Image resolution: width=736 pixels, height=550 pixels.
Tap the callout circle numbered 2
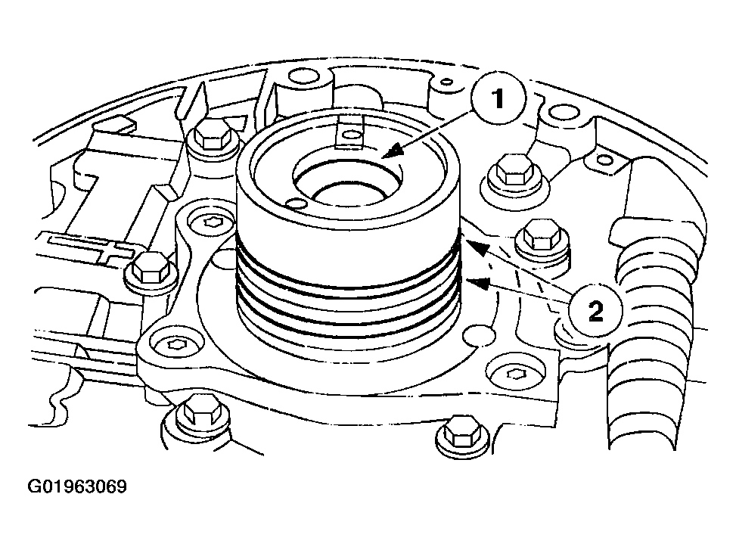click(x=595, y=310)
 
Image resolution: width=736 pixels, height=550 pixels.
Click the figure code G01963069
click(x=77, y=486)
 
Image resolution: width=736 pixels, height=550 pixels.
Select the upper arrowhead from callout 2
click(x=477, y=247)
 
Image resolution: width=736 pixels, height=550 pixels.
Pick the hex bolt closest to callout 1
click(x=515, y=172)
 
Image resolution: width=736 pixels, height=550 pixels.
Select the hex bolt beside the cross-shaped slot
click(x=151, y=269)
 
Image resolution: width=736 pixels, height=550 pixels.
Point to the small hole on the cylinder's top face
click(x=297, y=204)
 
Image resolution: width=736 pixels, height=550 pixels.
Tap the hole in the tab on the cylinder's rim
click(x=351, y=135)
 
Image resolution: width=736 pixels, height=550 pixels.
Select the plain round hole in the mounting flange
click(x=478, y=336)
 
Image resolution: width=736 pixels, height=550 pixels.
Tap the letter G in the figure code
click(x=35, y=486)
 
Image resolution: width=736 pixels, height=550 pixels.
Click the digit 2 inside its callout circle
click(x=595, y=311)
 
